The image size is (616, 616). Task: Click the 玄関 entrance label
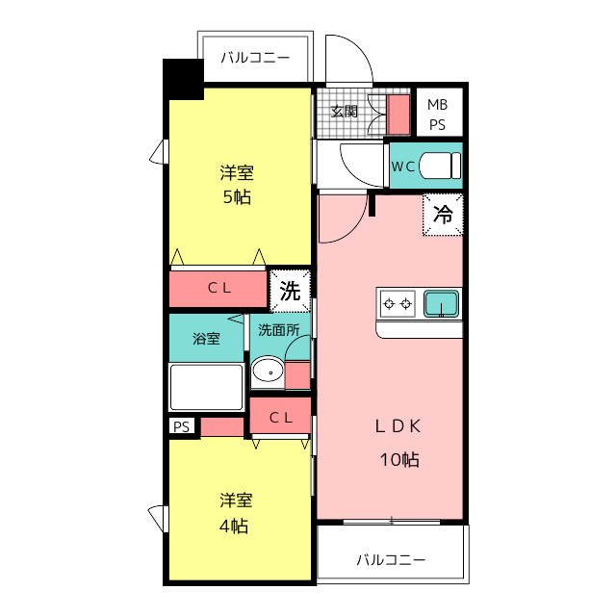pyautogui.click(x=346, y=111)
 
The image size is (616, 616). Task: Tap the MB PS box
pyautogui.click(x=438, y=114)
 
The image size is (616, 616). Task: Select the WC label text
pyautogui.click(x=403, y=167)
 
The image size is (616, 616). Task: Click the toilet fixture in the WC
pyautogui.click(x=440, y=167)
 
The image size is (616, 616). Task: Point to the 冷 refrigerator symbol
pyautogui.click(x=443, y=215)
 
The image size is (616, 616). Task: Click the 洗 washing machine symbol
pyautogui.click(x=290, y=290)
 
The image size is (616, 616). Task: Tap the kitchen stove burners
pyautogui.click(x=398, y=304)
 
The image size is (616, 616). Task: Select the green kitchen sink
pyautogui.click(x=442, y=304)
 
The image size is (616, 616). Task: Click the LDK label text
pyautogui.click(x=398, y=426)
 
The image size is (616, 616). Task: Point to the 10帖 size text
pyautogui.click(x=398, y=459)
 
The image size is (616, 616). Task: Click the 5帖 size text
pyautogui.click(x=237, y=198)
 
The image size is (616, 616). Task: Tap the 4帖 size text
pyautogui.click(x=235, y=526)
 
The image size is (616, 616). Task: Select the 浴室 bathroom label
pyautogui.click(x=206, y=339)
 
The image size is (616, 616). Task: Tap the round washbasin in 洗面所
pyautogui.click(x=267, y=372)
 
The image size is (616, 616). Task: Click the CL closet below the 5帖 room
pyautogui.click(x=218, y=289)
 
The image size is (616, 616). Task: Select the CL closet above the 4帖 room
pyautogui.click(x=280, y=417)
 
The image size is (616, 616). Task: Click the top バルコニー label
pyautogui.click(x=255, y=58)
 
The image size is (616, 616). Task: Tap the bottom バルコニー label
pyautogui.click(x=391, y=559)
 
